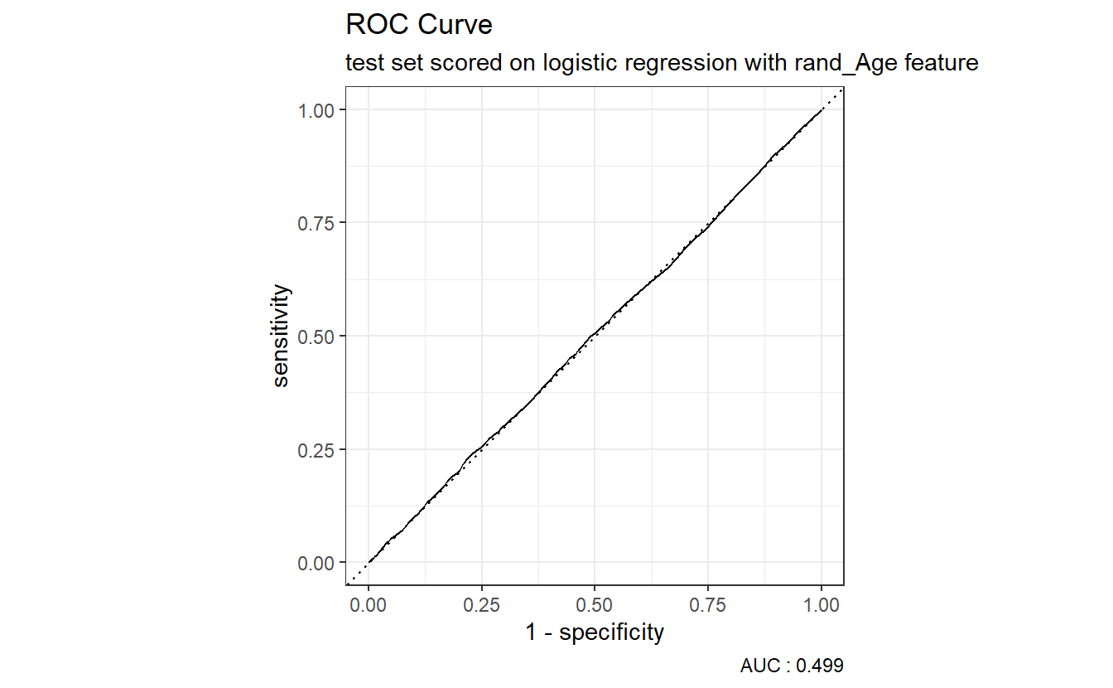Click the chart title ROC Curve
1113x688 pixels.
click(418, 26)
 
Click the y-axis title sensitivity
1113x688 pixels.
click(282, 336)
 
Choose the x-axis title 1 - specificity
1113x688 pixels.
click(595, 633)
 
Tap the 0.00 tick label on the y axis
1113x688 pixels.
click(316, 563)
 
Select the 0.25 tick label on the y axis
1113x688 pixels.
click(316, 449)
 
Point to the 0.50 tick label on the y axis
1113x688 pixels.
click(316, 337)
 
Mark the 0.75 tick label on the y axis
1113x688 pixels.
click(316, 223)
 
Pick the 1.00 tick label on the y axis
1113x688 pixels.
click(316, 110)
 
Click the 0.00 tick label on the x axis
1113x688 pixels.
click(369, 606)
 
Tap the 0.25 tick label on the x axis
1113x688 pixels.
click(481, 606)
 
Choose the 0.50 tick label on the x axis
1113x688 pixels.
click(595, 606)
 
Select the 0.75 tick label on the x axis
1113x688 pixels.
click(708, 606)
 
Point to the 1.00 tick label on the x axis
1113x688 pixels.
click(821, 606)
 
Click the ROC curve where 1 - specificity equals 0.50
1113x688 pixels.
click(595, 335)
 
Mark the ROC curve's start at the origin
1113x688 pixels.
click(369, 562)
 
